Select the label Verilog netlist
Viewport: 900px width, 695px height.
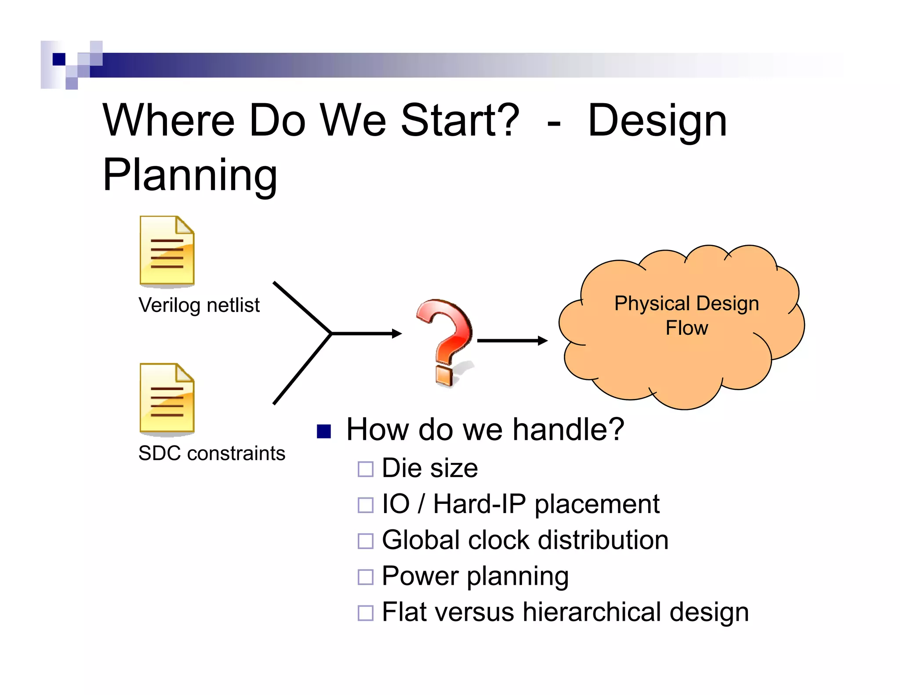click(199, 305)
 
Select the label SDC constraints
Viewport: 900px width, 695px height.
click(211, 453)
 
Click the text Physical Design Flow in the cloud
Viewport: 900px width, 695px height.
click(686, 315)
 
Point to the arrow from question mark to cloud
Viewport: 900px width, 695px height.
click(512, 340)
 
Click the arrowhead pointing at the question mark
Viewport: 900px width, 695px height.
click(396, 334)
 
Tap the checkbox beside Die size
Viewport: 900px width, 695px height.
click(365, 469)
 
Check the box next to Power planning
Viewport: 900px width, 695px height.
click(365, 577)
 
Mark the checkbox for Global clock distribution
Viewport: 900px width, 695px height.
click(365, 541)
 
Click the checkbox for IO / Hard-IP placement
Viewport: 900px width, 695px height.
click(365, 505)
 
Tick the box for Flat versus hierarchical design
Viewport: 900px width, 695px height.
click(365, 613)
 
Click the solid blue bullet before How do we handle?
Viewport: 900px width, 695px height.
click(324, 431)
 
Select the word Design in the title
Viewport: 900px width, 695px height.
click(657, 121)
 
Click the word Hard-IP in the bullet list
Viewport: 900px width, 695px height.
click(479, 504)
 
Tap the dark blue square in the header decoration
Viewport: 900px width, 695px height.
click(59, 59)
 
